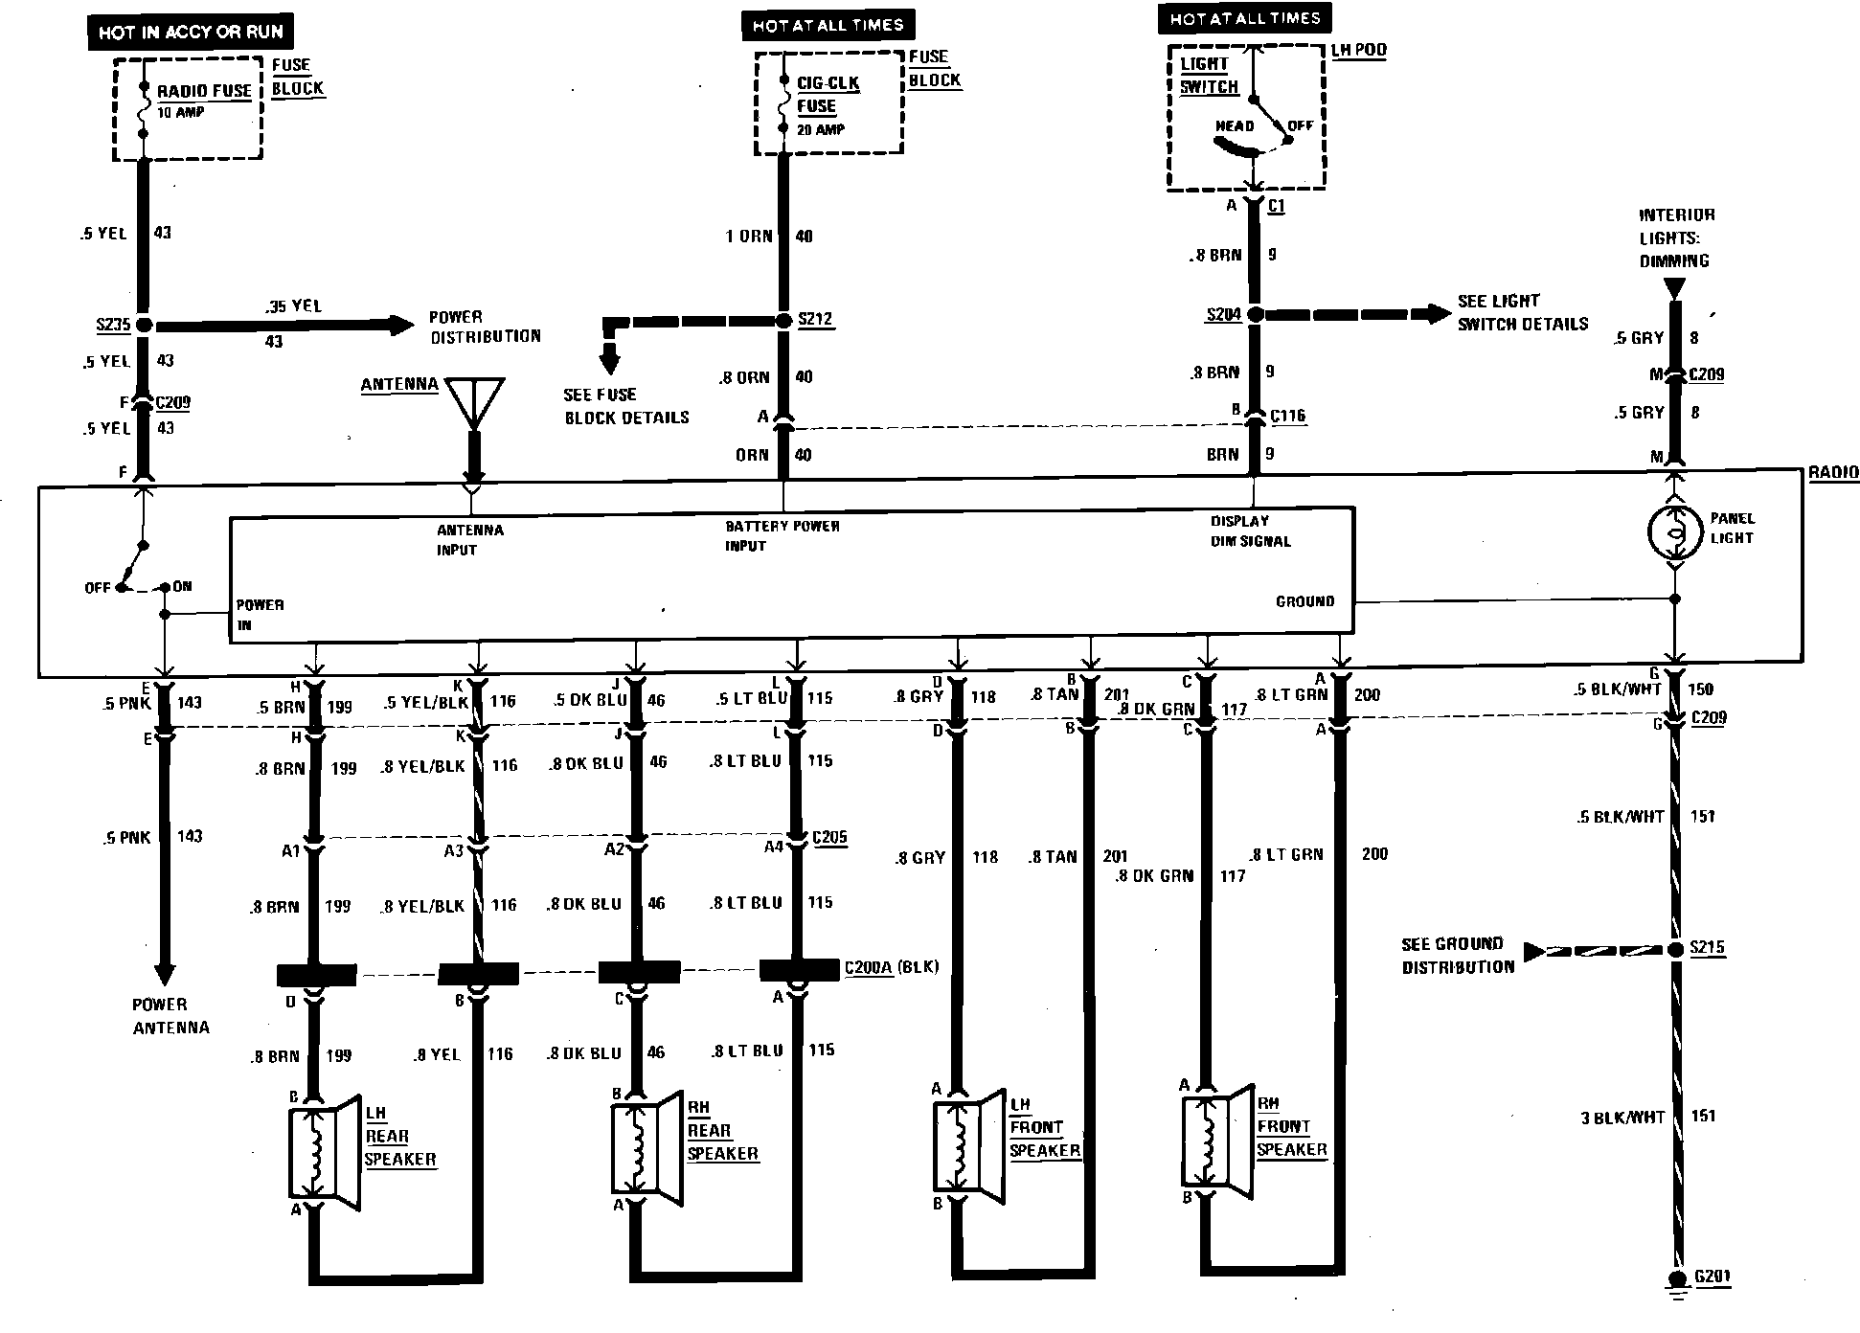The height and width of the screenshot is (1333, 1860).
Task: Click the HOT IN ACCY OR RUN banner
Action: [191, 33]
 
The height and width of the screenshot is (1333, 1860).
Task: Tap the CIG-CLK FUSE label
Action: [827, 95]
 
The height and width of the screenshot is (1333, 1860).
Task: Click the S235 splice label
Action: [112, 325]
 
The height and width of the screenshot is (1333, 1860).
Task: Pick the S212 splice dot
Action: [784, 320]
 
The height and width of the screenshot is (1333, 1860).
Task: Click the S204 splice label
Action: [1223, 314]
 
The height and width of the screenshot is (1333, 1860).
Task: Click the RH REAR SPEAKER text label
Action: [722, 1131]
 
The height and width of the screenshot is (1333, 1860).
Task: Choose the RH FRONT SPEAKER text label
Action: [1291, 1126]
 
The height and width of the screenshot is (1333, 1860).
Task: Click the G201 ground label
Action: [1713, 1277]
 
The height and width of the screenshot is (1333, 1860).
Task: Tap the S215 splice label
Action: [1707, 948]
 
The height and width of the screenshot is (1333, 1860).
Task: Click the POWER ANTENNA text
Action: [170, 1016]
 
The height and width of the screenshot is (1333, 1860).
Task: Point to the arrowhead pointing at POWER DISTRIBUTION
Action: [401, 325]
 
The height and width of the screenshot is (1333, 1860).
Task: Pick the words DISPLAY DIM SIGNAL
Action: [1250, 531]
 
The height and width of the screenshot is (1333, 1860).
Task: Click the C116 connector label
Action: [1287, 417]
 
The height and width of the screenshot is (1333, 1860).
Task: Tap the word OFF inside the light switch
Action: [1300, 125]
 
